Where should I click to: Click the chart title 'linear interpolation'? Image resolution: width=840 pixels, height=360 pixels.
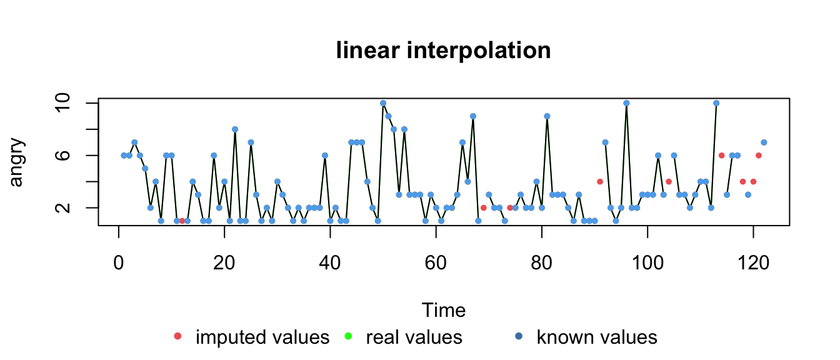(x=443, y=51)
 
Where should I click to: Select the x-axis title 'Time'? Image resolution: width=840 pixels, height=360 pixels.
(x=443, y=310)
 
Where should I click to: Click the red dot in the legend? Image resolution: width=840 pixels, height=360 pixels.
(x=177, y=337)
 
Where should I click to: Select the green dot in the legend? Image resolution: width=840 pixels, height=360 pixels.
(x=348, y=337)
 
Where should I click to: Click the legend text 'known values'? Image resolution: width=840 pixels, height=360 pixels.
(x=596, y=337)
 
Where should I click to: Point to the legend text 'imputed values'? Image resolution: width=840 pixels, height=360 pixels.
(x=262, y=337)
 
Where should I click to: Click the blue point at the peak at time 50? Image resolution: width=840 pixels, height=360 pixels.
(x=383, y=103)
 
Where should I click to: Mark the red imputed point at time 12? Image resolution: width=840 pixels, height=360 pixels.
(x=182, y=221)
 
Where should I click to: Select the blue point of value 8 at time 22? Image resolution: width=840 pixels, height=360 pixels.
(x=235, y=129)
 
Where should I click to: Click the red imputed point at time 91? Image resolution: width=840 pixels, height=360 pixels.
(x=600, y=181)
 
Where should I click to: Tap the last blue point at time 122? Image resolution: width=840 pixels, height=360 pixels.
(x=764, y=142)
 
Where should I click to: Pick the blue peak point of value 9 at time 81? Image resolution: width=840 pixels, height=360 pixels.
(x=547, y=116)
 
